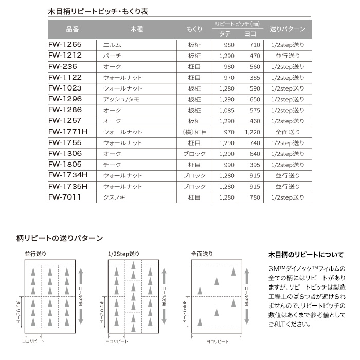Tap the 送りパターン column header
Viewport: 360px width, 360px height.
click(287, 29)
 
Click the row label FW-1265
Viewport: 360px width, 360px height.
click(65, 45)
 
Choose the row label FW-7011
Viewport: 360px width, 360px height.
click(64, 197)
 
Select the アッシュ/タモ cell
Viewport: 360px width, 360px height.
click(121, 99)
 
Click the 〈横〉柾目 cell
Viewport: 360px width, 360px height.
click(194, 132)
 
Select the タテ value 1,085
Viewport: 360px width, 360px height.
click(226, 110)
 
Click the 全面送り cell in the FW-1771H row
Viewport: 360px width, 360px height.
click(287, 132)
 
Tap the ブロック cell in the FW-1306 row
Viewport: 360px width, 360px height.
click(194, 154)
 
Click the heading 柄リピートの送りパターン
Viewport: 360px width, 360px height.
click(60, 238)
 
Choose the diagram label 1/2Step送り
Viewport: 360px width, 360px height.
click(124, 254)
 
